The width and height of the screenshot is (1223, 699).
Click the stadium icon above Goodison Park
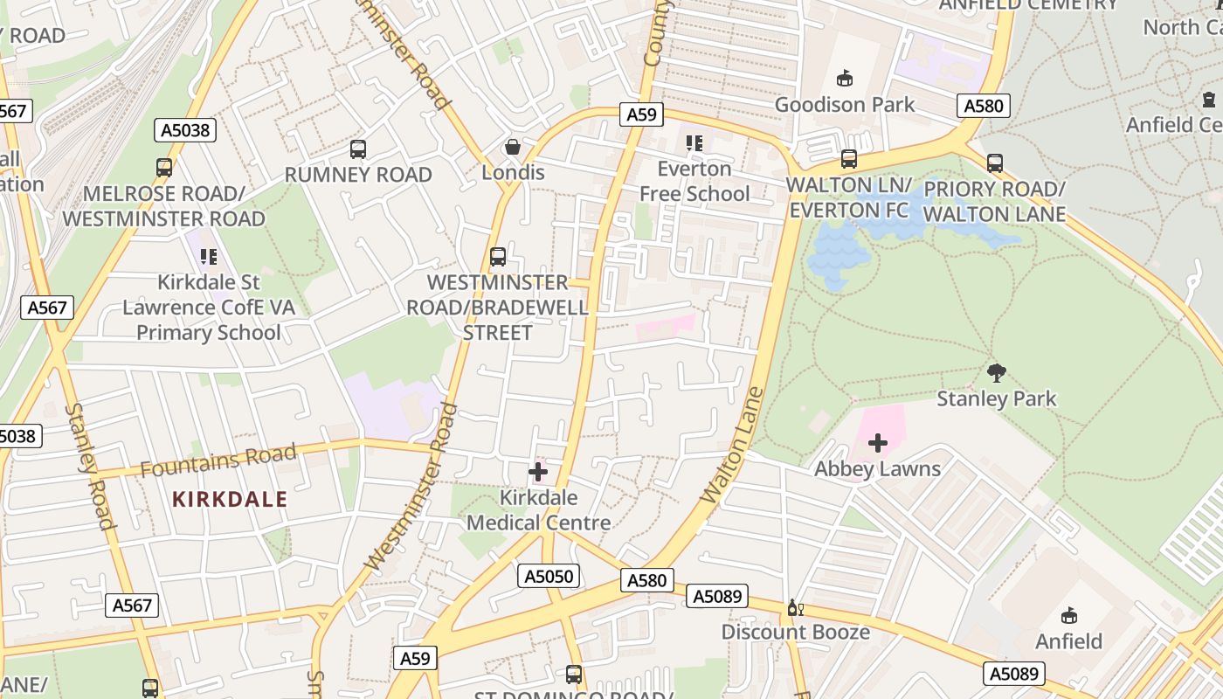pos(845,79)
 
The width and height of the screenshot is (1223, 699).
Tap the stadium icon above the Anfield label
pos(1068,615)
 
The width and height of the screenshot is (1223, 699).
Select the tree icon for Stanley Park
pos(996,373)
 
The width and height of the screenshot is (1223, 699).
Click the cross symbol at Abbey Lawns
pos(877,444)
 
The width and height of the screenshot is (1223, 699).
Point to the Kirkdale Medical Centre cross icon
pos(538,473)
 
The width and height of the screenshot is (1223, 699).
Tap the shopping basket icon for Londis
pos(513,147)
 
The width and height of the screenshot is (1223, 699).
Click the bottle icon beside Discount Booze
pos(795,608)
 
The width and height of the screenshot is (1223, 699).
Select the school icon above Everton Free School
pos(694,142)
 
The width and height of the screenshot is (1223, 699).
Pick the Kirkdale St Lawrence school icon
pos(208,257)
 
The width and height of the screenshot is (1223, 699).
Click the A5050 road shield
pos(549,576)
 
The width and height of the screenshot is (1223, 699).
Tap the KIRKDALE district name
pos(230,500)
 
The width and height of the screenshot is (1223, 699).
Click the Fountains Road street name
pos(218,460)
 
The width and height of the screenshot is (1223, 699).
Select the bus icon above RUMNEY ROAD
pos(358,149)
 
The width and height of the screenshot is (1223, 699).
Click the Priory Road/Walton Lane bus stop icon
pos(994,163)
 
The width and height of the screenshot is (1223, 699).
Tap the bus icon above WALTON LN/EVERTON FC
pos(848,159)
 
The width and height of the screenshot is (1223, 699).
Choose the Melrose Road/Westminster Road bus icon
pos(163,168)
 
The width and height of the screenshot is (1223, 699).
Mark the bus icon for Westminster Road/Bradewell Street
pos(498,257)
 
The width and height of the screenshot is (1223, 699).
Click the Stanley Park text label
pos(996,399)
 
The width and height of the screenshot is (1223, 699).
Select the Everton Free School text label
pos(694,181)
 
